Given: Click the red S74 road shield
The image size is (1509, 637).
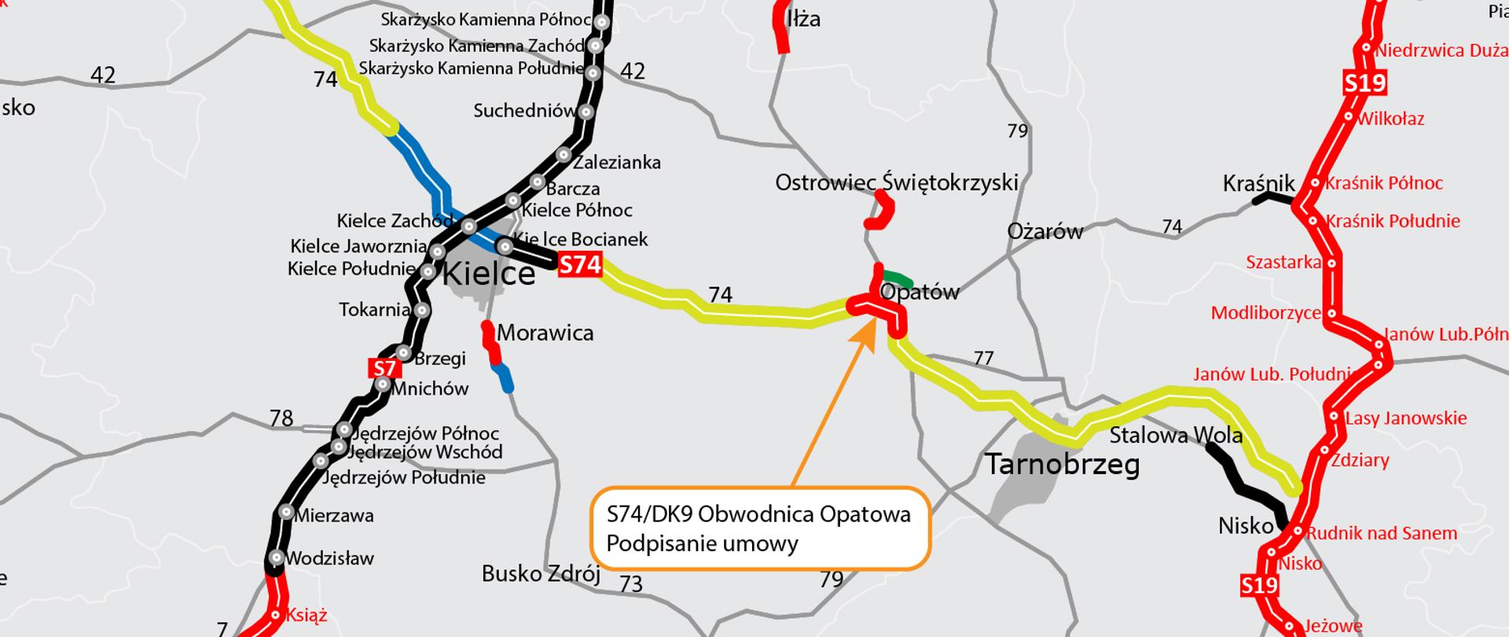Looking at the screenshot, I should [579, 265].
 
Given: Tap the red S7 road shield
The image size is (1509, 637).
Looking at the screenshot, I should [385, 368].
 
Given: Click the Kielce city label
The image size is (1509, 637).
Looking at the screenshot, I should [489, 274].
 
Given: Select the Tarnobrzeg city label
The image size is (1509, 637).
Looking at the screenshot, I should [1062, 465].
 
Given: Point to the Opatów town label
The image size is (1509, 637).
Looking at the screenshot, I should [920, 293].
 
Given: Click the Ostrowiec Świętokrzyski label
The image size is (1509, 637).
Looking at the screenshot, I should [896, 182].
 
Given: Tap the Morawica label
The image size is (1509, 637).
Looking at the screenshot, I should [545, 333].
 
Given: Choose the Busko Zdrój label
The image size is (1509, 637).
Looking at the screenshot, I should [541, 574].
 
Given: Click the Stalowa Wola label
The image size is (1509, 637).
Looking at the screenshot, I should [1176, 435].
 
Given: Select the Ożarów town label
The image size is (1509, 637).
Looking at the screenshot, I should [1045, 231].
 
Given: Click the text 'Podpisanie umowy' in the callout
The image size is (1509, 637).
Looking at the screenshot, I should [702, 543].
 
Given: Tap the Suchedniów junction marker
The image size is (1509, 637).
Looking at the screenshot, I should [586, 112].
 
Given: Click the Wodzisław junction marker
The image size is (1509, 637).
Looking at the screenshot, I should [276, 558].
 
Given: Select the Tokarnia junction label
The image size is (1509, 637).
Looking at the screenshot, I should [374, 310].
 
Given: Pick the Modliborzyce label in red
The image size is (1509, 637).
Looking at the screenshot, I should [1265, 313].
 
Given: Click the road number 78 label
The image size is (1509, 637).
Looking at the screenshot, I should [281, 418].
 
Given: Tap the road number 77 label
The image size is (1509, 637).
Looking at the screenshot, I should [983, 359].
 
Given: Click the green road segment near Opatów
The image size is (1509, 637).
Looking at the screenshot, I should [897, 278].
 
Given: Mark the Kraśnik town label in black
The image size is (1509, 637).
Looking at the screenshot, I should [1258, 184].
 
